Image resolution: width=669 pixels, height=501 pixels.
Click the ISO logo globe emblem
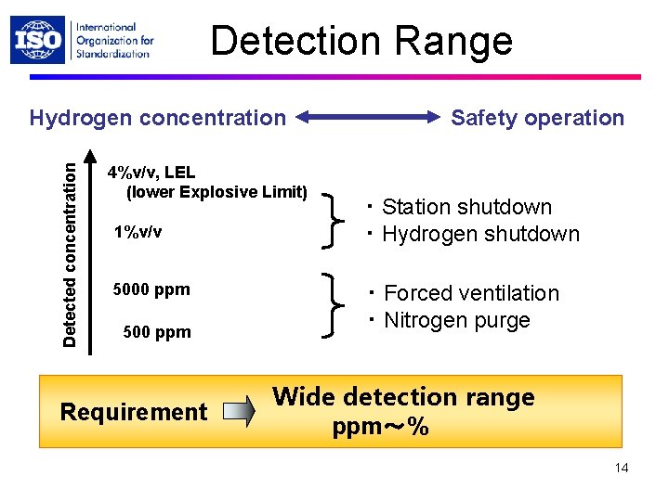(38, 40)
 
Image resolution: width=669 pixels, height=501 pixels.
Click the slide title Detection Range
(361, 41)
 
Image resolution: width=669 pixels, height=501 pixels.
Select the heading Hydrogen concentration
(158, 118)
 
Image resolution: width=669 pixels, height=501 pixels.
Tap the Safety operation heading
(537, 118)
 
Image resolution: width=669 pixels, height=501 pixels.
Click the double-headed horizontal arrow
(370, 118)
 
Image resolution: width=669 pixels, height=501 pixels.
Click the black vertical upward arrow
(90, 250)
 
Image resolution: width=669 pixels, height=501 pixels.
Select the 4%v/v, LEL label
(151, 173)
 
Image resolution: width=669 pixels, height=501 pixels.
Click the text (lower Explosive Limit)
(216, 192)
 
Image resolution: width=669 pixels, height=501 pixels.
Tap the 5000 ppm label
(151, 289)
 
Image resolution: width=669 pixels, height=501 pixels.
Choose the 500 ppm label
(157, 332)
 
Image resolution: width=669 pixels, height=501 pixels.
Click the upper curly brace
(331, 219)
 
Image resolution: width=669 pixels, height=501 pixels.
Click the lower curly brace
(331, 305)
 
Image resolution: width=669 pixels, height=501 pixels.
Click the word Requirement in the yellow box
(133, 412)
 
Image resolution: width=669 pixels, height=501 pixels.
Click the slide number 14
(621, 468)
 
